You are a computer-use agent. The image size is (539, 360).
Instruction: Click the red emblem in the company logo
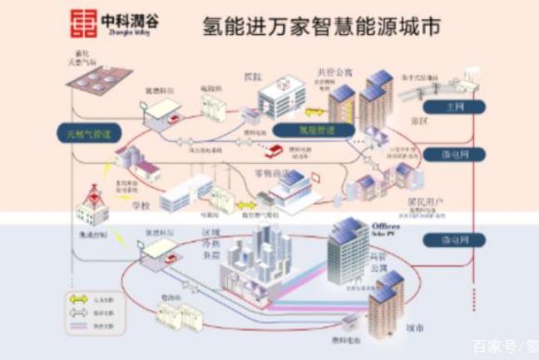click(82, 22)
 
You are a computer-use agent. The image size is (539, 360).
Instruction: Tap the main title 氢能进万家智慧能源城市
click(321, 27)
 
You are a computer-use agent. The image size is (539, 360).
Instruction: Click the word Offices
click(386, 226)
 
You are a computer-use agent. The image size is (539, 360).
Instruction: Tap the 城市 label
click(415, 328)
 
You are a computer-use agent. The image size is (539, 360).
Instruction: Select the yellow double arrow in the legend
click(80, 297)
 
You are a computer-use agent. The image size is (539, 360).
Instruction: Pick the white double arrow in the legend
click(80, 313)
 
